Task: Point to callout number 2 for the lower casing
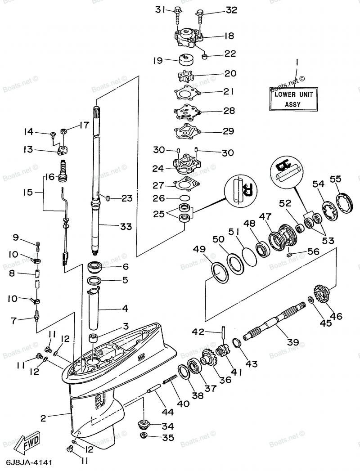(43, 418)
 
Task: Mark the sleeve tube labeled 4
(97, 310)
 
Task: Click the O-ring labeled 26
(184, 197)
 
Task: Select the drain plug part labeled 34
(143, 424)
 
